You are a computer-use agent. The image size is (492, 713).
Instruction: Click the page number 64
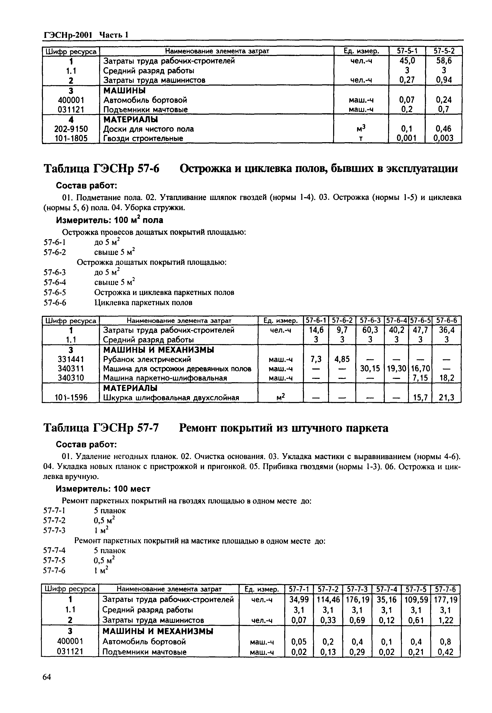[x=47, y=677]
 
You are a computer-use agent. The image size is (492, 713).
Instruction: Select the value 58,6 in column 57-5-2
[x=444, y=61]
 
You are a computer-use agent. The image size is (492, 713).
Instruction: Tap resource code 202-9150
[x=71, y=129]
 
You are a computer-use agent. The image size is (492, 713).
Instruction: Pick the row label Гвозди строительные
[x=143, y=139]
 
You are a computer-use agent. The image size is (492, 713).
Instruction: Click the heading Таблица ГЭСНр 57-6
[x=102, y=169]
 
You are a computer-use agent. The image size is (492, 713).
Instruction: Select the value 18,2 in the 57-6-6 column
[x=446, y=378]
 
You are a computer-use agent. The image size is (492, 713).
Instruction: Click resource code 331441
[x=71, y=359]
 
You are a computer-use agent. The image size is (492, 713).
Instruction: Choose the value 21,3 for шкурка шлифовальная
[x=446, y=398]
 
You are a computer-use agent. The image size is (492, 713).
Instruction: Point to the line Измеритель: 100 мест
[x=103, y=489]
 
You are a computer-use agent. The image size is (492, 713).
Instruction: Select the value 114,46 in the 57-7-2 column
[x=328, y=600]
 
